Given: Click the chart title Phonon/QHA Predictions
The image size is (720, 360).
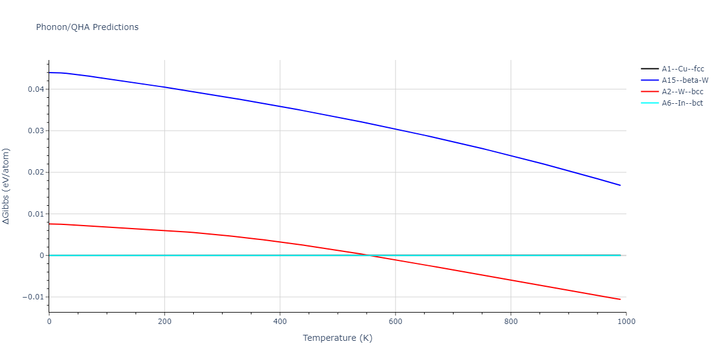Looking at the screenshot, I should point(87,27).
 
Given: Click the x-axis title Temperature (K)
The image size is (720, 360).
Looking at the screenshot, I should point(337,338).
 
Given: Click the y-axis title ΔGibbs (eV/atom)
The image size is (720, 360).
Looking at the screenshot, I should point(7,186).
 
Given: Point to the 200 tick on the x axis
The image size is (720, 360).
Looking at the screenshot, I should point(164,322).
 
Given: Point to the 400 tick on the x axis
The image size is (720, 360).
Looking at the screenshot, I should point(280,322).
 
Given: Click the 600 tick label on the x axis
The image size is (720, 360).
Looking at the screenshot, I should point(395,322).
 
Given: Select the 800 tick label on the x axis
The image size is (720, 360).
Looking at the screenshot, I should point(511,322).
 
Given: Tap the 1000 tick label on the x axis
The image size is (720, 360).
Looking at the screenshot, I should point(626,322).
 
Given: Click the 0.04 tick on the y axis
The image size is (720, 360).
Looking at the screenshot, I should point(35,89).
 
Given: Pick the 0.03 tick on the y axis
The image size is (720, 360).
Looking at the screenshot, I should point(35,131).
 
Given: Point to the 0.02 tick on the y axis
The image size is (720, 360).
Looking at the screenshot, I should point(35,172).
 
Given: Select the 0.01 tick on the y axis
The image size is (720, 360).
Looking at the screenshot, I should point(35,214).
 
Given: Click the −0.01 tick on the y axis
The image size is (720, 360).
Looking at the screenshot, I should point(32,297).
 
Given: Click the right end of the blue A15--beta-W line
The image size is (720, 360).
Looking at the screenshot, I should point(620,185).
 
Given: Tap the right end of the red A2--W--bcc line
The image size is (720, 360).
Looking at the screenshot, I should point(620,299).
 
